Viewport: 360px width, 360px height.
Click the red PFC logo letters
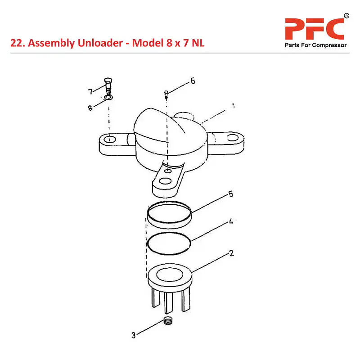pyautogui.click(x=314, y=29)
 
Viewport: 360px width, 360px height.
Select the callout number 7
pyautogui.click(x=90, y=92)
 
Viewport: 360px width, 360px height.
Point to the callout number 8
pyautogui.click(x=90, y=108)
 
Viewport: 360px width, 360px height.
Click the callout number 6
pyautogui.click(x=193, y=81)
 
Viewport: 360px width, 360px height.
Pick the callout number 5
pyautogui.click(x=230, y=194)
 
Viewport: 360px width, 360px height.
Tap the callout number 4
pyautogui.click(x=230, y=221)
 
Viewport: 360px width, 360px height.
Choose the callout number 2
pyautogui.click(x=231, y=253)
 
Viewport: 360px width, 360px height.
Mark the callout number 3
pyautogui.click(x=133, y=335)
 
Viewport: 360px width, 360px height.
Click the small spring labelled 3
pyautogui.click(x=168, y=322)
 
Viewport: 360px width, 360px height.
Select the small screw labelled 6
pyautogui.click(x=166, y=94)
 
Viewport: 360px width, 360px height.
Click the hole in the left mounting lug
pyautogui.click(x=109, y=139)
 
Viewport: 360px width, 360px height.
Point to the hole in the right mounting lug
pyautogui.click(x=232, y=137)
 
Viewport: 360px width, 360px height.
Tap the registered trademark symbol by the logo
pyautogui.click(x=346, y=16)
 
